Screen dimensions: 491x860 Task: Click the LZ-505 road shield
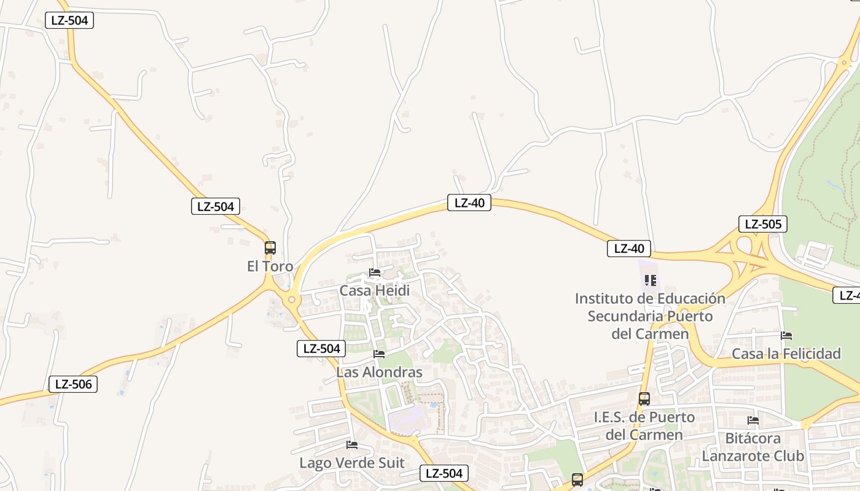762,224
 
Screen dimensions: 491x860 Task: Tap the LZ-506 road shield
73,384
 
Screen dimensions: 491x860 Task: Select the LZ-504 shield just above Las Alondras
321,349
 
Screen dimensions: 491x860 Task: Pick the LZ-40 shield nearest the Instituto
628,249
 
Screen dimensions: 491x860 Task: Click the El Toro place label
270,266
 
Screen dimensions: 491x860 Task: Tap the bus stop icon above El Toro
270,248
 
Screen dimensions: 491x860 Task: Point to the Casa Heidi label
374,290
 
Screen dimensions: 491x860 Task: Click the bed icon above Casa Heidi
375,273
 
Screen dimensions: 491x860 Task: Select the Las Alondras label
379,372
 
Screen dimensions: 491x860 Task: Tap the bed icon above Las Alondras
379,354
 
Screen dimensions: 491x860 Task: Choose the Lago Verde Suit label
351,463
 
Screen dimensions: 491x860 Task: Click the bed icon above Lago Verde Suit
352,445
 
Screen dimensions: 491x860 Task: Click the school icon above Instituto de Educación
651,280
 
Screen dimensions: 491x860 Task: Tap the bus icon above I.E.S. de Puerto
644,399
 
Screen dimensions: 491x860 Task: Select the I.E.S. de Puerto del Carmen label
644,426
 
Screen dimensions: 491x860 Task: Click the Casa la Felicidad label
786,354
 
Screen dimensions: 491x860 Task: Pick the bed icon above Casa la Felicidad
786,336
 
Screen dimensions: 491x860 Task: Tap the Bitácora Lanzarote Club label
752,447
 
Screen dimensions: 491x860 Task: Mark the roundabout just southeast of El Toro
291,300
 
